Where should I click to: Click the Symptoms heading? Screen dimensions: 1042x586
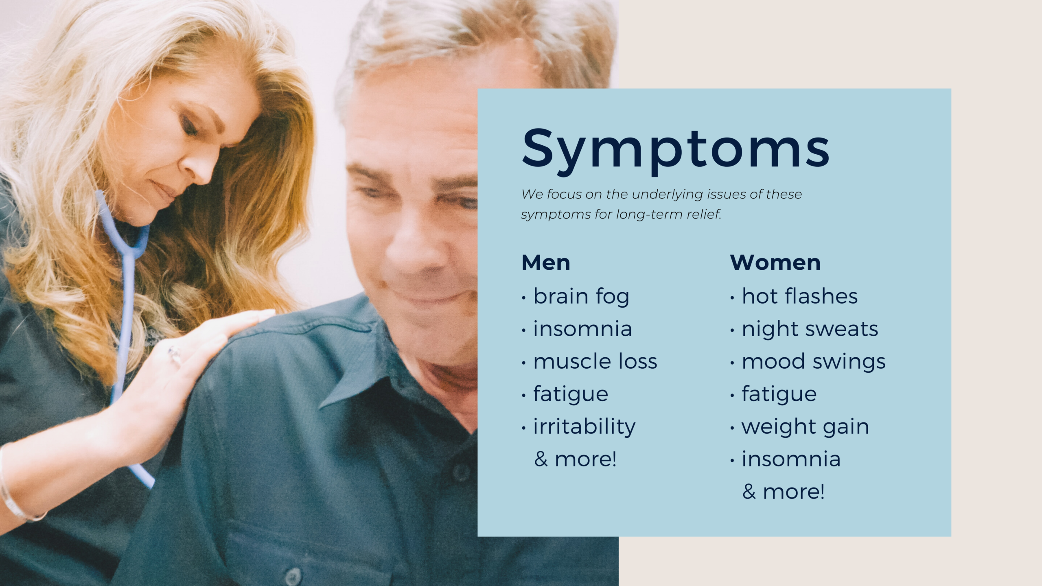coord(676,150)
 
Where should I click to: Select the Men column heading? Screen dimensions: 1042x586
coord(546,262)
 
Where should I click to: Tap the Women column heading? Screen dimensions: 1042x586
coord(775,262)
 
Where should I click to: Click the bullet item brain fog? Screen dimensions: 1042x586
coord(581,297)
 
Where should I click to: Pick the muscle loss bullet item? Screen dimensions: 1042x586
coord(595,361)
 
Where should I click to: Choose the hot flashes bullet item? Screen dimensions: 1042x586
coord(799,296)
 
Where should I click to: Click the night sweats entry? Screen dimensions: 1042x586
coord(810,329)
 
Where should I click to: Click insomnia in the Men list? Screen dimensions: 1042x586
coord(582,329)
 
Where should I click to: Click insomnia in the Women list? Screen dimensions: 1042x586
coord(791,459)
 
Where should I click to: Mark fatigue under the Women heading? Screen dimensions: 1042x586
coord(779,394)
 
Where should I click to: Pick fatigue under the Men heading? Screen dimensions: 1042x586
coord(571,394)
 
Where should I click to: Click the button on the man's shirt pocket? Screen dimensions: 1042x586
coord(293,576)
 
